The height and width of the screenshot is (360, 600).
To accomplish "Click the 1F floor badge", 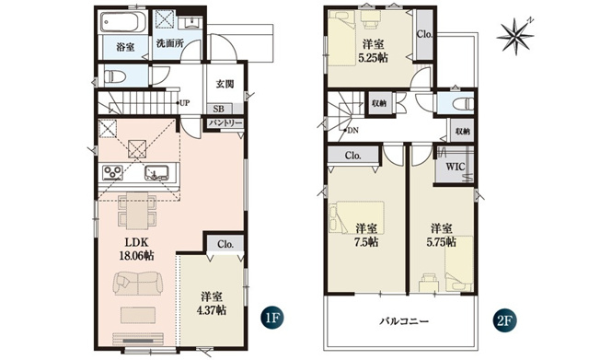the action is tap(271, 318).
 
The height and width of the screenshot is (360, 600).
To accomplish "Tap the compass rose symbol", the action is tap(515, 35).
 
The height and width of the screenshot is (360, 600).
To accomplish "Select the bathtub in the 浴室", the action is tap(122, 22).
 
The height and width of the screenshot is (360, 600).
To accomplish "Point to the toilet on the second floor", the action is tap(463, 103).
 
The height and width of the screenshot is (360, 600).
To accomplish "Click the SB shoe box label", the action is tap(219, 109).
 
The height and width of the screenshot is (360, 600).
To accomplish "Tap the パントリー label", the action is tap(225, 123).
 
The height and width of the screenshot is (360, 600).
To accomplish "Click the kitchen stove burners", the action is tap(113, 172).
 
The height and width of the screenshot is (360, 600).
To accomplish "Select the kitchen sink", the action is tap(156, 173).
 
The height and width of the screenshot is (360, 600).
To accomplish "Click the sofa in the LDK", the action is tap(137, 284).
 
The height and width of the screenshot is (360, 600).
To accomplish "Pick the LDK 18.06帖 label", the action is tap(137, 249).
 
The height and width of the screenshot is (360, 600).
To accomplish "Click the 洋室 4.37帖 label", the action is tap(212, 303).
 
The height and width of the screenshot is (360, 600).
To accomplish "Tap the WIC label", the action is tap(456, 167).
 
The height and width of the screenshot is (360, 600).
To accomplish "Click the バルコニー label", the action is tap(404, 321).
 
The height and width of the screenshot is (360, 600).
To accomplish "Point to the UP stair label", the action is tap(184, 103).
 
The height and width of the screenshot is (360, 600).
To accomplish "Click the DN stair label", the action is tap(352, 131).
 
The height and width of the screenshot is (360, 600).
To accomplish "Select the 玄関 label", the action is tap(225, 84).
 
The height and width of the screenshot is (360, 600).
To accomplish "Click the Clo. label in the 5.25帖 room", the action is tap(424, 34).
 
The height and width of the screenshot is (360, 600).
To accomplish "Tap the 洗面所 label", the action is tap(170, 43).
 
